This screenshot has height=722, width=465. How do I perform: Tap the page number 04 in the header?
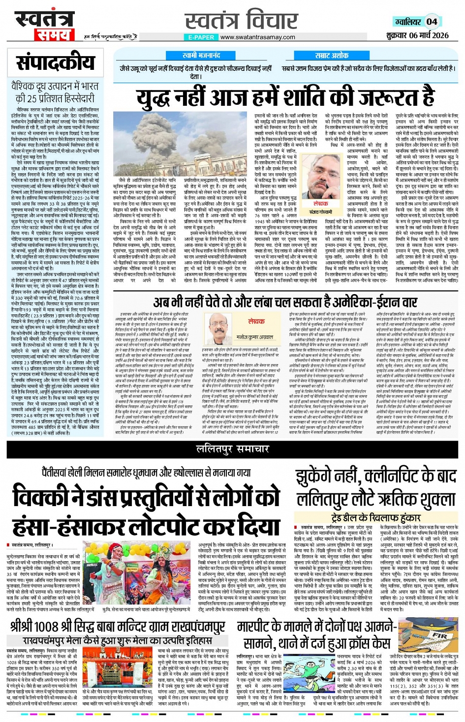click(432, 21)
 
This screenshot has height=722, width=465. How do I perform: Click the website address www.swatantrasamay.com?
click(258, 37)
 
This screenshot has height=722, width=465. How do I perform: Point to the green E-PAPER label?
click(201, 37)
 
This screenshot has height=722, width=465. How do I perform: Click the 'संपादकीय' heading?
click(55, 62)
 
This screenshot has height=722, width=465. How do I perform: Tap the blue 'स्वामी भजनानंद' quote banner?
click(201, 56)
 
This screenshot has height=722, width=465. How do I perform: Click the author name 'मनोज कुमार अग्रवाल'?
click(256, 338)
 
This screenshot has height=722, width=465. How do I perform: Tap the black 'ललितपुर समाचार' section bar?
click(232, 449)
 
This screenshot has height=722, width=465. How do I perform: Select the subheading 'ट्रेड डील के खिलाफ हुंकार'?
click(376, 517)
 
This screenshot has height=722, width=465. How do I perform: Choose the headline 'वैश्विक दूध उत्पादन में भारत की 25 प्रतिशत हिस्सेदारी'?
click(55, 92)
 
